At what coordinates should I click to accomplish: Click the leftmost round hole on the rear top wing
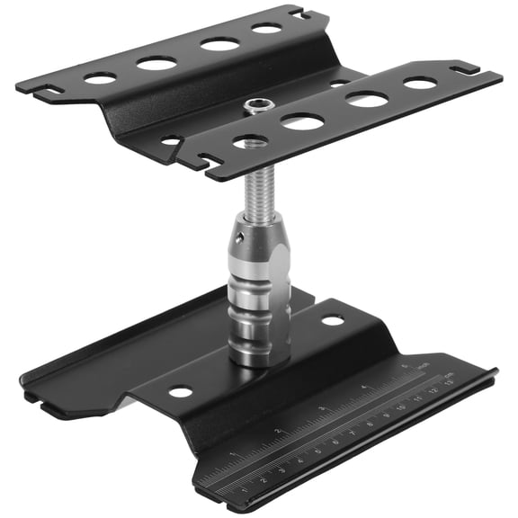(x=100, y=79)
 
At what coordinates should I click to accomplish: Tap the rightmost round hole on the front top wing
(x=420, y=83)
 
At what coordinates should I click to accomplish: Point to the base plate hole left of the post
(x=181, y=392)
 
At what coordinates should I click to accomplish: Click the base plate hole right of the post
(x=333, y=320)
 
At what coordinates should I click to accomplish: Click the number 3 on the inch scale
(x=322, y=409)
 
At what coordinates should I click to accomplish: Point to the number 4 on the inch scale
(x=364, y=388)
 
